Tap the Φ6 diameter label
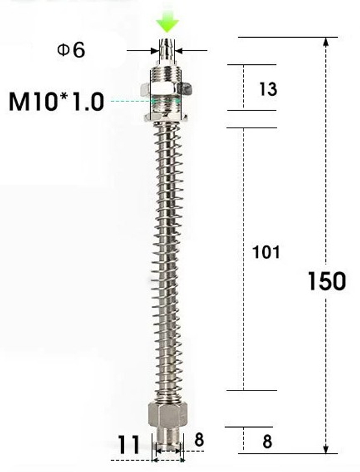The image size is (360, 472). [71, 50]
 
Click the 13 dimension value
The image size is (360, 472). [268, 89]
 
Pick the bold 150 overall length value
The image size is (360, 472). [326, 281]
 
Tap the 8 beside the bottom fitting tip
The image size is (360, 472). [199, 441]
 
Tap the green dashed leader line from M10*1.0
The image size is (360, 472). [129, 101]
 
